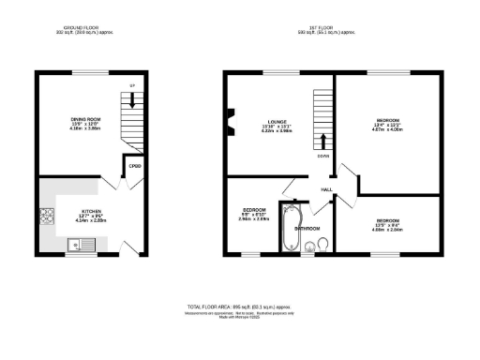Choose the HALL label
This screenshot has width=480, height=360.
click(327, 190)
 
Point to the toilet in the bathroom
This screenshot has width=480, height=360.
click(321, 246)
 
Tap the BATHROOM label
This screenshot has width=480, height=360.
click(307, 229)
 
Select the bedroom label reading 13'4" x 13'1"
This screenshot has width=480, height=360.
click(388, 125)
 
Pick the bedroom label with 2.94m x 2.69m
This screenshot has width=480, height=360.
click(254, 213)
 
